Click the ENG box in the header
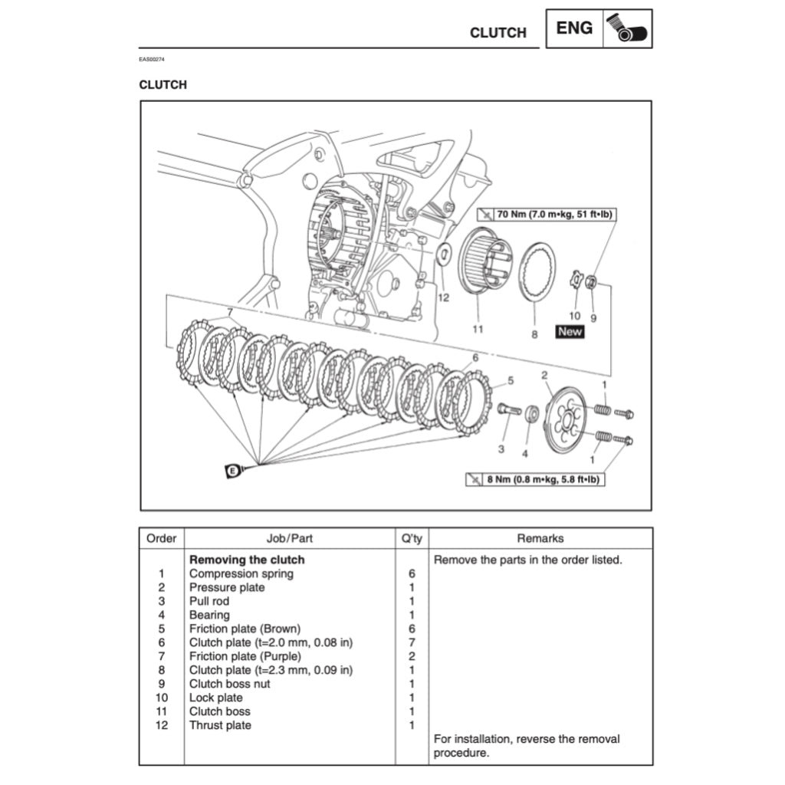574,28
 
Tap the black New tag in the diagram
570,332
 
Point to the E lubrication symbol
233,471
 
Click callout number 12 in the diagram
443,297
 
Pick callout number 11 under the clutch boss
478,330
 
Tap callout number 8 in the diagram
534,334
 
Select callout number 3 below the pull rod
501,448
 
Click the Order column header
161,538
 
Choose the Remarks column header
540,538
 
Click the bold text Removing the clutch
246,560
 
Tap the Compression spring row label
241,573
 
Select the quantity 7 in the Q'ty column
412,642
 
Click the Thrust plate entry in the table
220,725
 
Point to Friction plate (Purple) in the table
245,656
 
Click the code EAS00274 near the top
152,60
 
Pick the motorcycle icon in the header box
626,28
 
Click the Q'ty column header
412,538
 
